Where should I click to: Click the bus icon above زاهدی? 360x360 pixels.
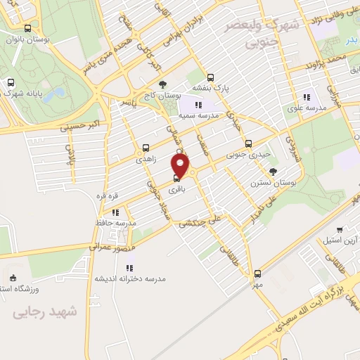tap(146, 148)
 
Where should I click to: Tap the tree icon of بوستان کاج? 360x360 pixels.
tap(164, 84)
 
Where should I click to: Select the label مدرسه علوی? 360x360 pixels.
tap(305, 108)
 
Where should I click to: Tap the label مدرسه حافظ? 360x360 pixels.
tap(116, 223)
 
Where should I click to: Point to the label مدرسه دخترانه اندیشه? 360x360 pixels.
tap(131, 278)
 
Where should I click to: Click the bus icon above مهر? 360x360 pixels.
tap(257, 274)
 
